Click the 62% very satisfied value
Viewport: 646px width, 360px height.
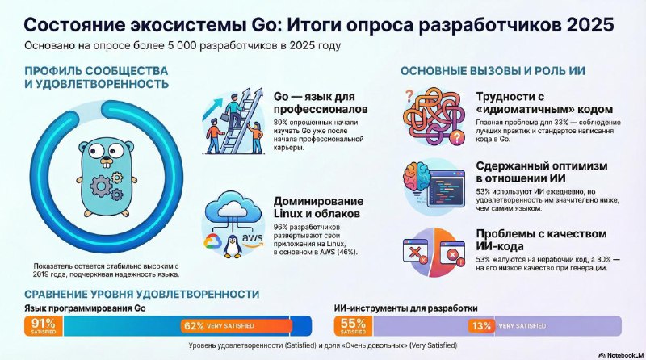[194, 326]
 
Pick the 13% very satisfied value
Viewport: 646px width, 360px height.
[481, 326]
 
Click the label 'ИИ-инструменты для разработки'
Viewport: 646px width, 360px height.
[405, 308]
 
